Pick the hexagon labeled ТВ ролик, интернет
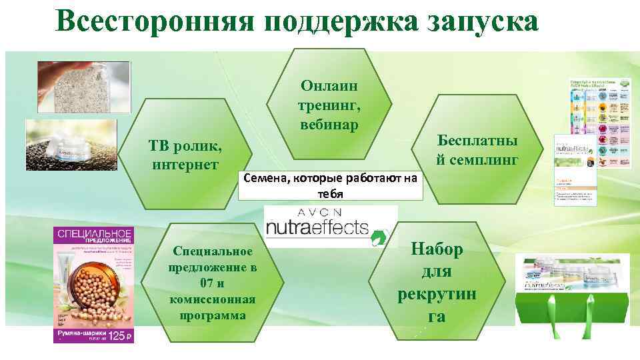point(184,155)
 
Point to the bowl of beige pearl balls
point(100,293)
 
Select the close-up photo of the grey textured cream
point(83,87)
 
